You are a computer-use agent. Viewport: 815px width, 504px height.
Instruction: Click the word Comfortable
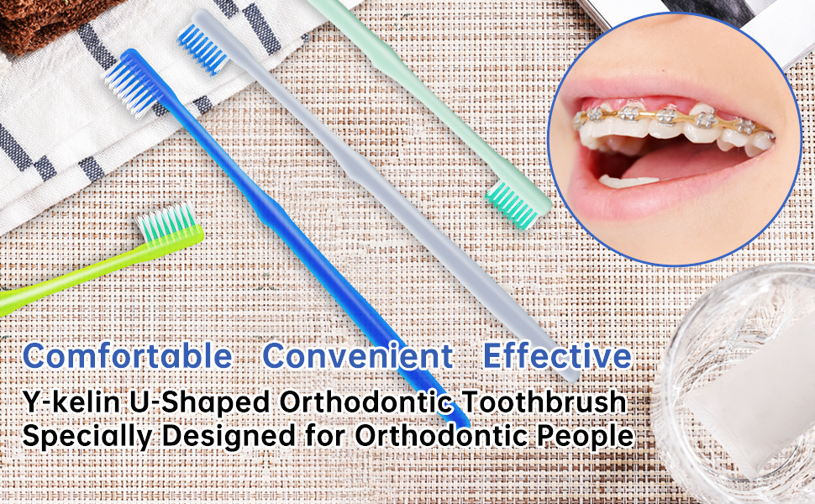point(128,356)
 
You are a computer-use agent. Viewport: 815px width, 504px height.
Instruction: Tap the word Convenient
point(358,356)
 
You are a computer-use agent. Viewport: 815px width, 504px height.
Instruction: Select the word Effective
point(557,356)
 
